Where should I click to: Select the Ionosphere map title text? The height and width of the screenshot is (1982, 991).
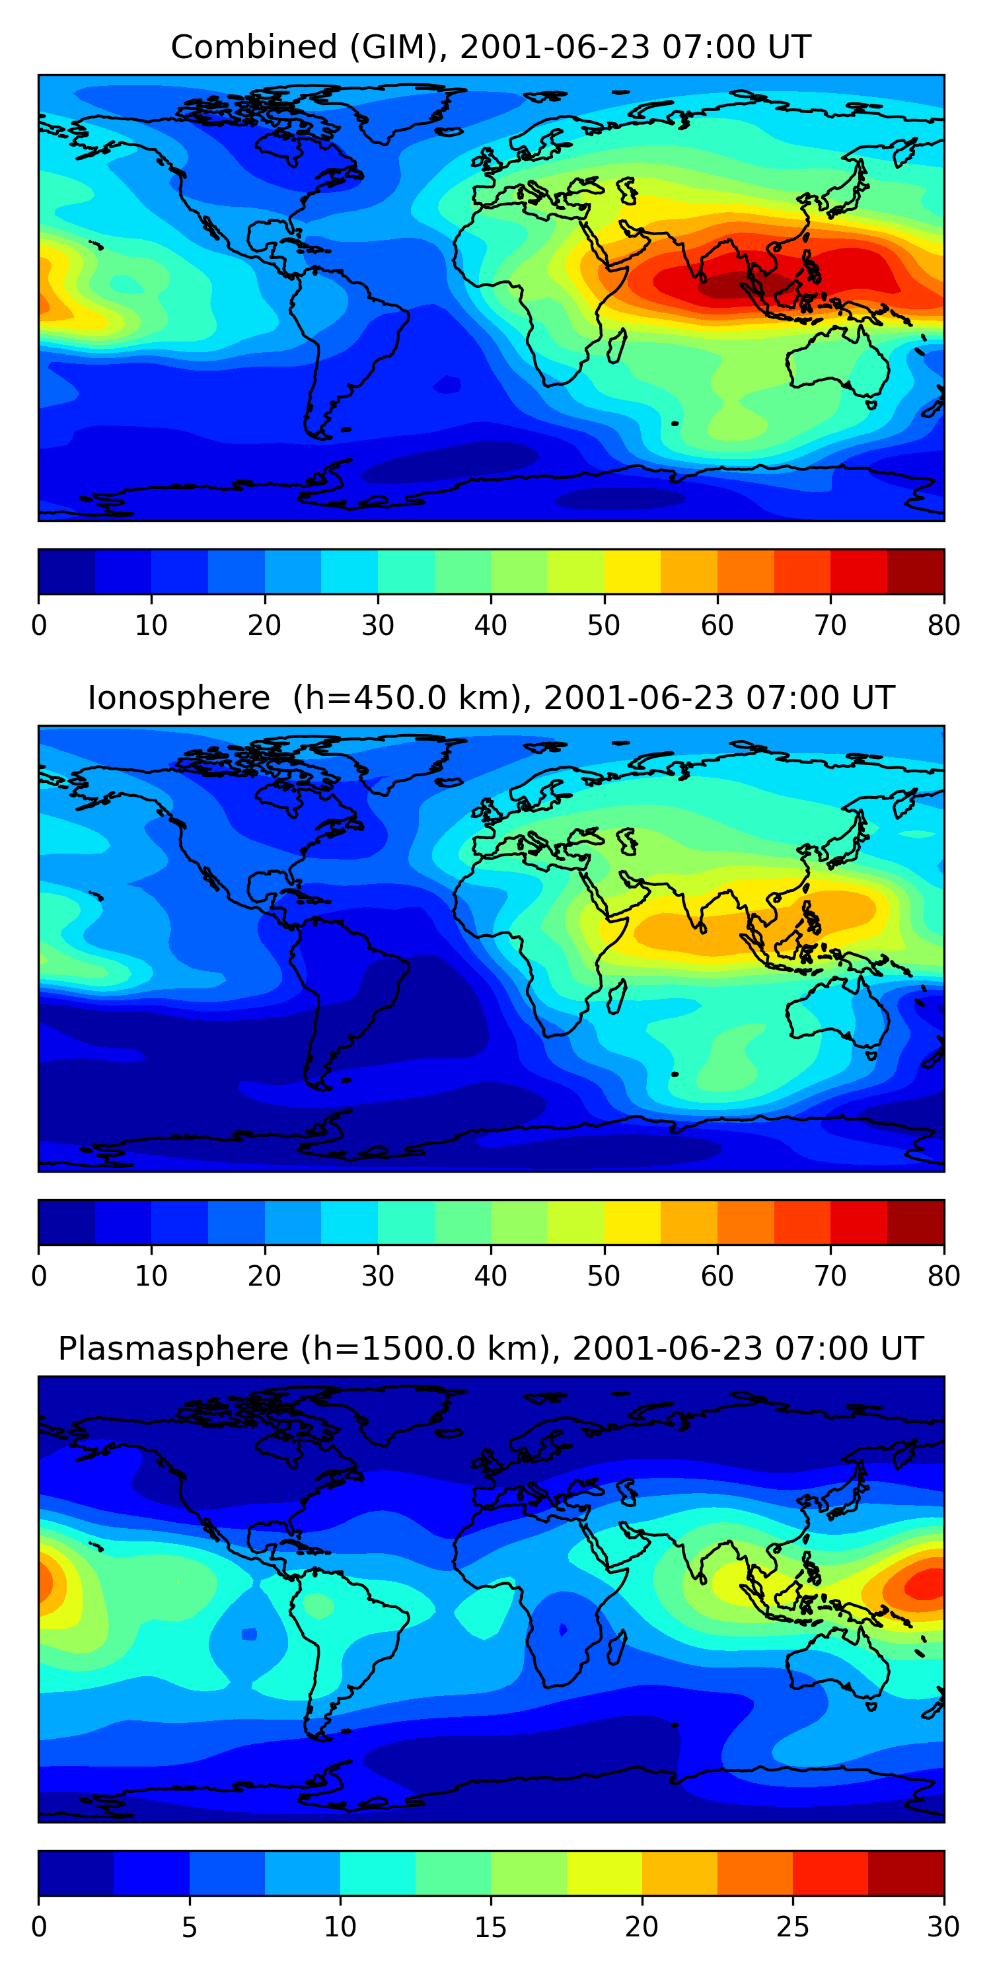tap(491, 698)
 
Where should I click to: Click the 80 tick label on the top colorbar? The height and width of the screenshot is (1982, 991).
tap(943, 626)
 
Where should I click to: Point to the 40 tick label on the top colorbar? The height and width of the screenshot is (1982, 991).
tap(491, 626)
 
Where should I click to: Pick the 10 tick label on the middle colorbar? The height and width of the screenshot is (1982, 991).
tap(151, 1276)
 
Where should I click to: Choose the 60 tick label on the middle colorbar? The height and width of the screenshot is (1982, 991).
tap(717, 1276)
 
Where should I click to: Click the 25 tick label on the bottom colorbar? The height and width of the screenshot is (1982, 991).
tap(793, 1927)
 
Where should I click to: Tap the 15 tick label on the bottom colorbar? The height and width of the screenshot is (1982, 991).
tap(491, 1927)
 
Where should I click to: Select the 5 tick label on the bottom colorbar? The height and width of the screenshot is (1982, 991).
tap(189, 1927)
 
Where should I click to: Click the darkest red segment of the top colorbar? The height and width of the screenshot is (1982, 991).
tap(916, 571)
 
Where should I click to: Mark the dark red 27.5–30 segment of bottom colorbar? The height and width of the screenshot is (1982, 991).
tap(906, 1874)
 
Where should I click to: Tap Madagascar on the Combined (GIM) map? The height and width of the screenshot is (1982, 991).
tap(616, 346)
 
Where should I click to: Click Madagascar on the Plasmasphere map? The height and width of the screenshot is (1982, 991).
tap(616, 1648)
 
